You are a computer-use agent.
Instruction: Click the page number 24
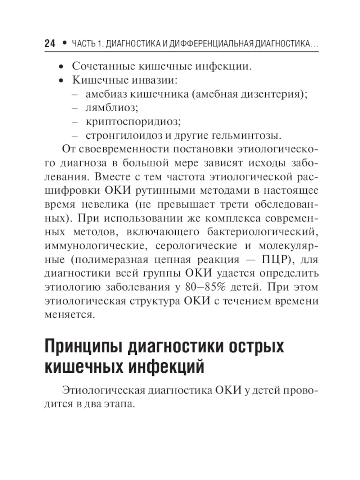(50, 44)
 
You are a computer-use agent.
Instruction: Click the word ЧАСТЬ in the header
(84, 44)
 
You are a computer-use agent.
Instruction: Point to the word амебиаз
(106, 94)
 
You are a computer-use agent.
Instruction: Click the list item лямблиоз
(112, 108)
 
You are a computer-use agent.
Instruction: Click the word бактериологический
(263, 232)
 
